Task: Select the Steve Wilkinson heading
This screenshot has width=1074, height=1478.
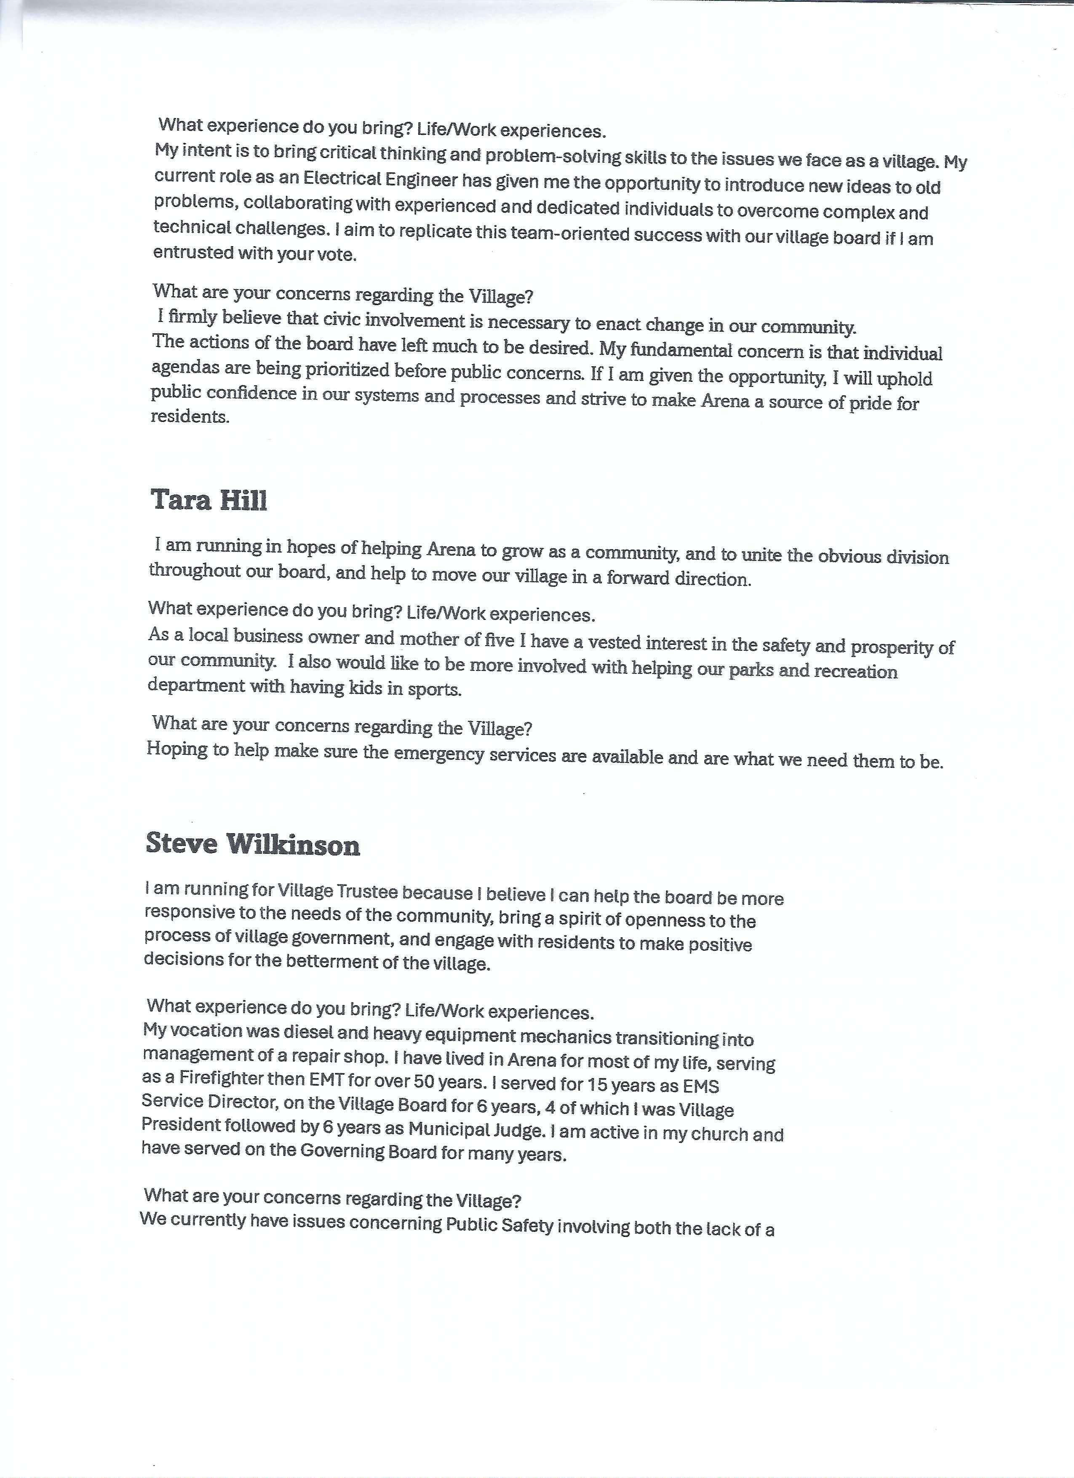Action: click(253, 844)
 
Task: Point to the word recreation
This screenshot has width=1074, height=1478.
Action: click(857, 671)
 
